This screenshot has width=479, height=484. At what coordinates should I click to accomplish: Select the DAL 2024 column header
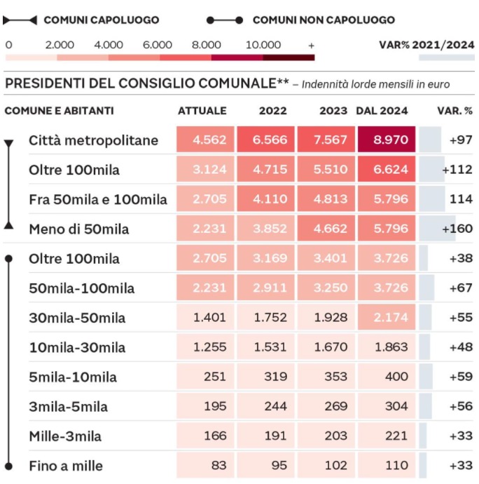click(x=382, y=111)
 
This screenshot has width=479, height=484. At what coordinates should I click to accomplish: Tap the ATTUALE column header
click(x=202, y=111)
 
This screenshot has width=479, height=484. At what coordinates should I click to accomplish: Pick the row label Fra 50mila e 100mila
click(x=98, y=199)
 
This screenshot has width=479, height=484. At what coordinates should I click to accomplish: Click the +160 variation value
click(x=457, y=229)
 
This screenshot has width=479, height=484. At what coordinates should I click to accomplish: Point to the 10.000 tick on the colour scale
click(x=263, y=45)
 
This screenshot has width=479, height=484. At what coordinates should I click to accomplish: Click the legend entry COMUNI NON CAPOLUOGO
click(x=324, y=20)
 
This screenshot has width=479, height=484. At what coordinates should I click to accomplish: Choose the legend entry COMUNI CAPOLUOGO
click(x=102, y=20)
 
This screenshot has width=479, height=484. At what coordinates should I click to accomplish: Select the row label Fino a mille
click(x=66, y=466)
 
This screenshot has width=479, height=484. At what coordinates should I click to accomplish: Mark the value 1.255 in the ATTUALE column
click(x=209, y=347)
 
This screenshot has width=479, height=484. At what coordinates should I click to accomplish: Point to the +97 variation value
click(x=461, y=140)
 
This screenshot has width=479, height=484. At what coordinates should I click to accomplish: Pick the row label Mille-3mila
click(x=65, y=436)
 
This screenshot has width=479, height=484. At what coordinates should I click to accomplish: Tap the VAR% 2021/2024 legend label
click(x=426, y=45)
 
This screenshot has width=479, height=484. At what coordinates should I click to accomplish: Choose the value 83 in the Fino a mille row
click(x=219, y=465)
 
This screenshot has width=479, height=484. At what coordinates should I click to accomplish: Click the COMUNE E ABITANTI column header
click(x=60, y=111)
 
